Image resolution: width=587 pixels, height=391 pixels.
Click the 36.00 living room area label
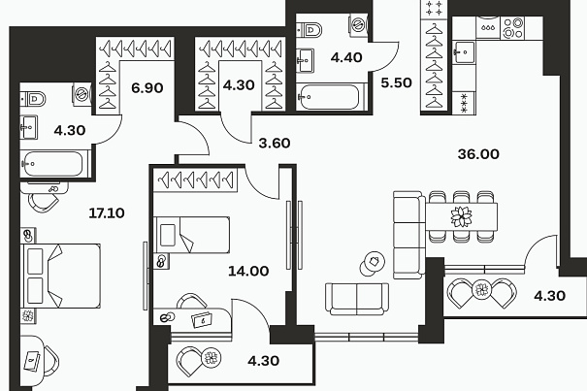478,154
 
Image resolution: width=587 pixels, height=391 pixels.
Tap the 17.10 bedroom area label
107,213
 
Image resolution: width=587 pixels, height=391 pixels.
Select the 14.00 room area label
248,271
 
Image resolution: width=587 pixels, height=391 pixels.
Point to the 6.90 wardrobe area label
147,88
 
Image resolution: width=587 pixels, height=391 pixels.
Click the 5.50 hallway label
397,82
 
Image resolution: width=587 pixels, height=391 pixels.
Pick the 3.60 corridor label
275,143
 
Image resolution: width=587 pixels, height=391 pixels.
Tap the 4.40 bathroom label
346,57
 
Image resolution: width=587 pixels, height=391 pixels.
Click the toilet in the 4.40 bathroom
310,29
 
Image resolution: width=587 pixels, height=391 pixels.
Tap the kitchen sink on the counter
464,52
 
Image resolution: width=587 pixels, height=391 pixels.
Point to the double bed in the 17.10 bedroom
60,276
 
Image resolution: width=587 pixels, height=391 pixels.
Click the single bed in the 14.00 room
192,235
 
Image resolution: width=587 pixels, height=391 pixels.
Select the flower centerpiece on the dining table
461,217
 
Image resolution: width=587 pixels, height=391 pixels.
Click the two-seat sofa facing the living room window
357,299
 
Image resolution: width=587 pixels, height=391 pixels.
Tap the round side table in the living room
373,263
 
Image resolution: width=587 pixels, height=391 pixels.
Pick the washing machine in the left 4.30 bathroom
82,94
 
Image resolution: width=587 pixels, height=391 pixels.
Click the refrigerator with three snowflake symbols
464,103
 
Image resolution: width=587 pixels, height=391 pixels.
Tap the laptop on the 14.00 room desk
202,320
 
